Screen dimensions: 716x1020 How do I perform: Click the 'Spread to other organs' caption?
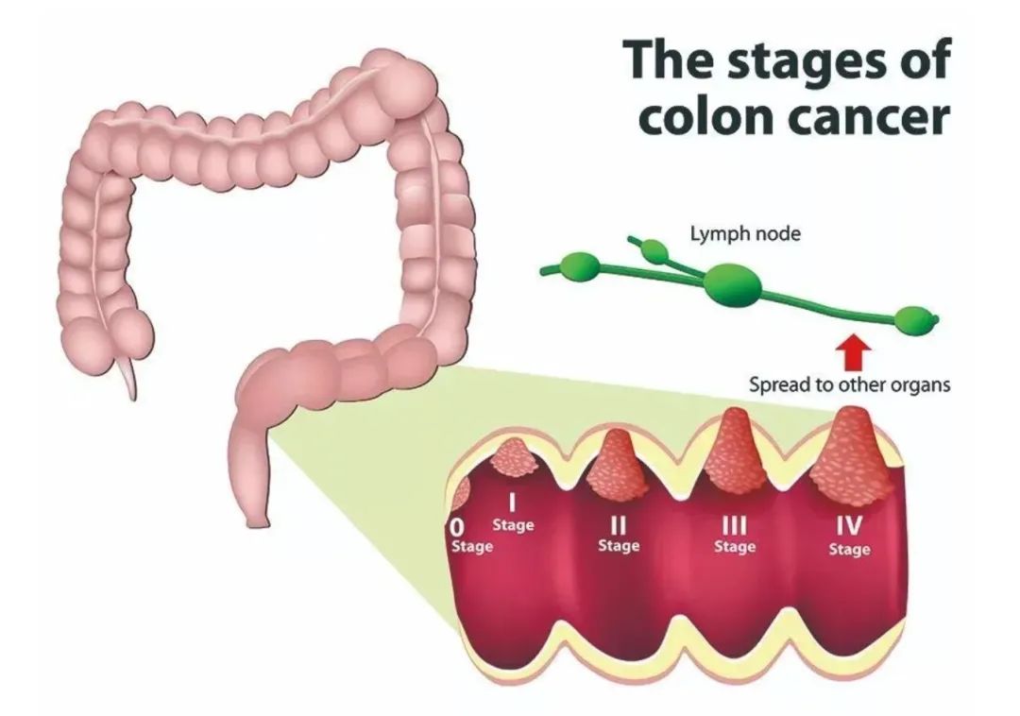pyautogui.click(x=849, y=385)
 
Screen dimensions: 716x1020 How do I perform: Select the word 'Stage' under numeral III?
pyautogui.click(x=734, y=546)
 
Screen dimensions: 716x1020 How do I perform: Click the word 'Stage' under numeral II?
pyautogui.click(x=619, y=546)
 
